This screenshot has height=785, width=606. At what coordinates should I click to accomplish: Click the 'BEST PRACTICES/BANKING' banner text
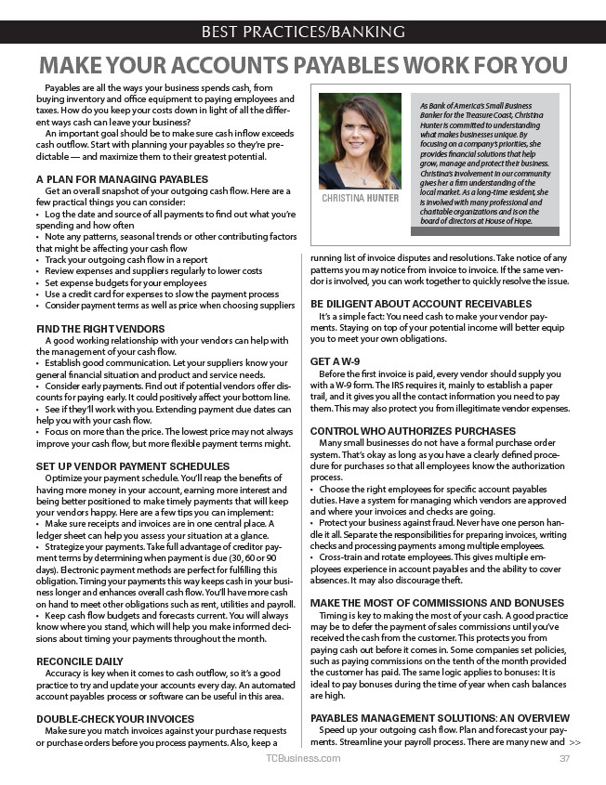[303, 32]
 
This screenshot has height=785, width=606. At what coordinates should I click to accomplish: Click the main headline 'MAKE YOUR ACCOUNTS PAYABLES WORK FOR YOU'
[303, 65]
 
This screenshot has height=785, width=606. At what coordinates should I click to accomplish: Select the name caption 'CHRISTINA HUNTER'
[360, 198]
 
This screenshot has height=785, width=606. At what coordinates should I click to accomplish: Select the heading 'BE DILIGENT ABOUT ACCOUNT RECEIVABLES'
[421, 304]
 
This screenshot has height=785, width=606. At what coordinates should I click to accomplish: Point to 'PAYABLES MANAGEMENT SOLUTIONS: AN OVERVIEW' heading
[440, 718]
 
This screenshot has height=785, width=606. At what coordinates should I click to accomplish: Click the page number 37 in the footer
[564, 759]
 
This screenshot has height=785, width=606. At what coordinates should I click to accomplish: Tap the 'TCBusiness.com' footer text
[303, 759]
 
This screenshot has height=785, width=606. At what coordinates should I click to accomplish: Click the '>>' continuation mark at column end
[574, 742]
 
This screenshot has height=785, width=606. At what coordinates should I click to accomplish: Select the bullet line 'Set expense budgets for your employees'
[125, 282]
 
